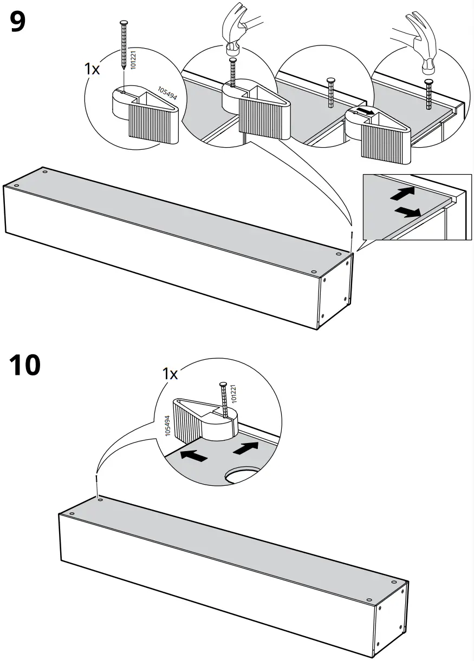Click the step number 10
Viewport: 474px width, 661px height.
[x=25, y=365]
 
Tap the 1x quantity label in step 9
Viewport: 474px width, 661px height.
[x=92, y=70]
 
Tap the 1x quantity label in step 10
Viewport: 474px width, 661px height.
[x=170, y=374]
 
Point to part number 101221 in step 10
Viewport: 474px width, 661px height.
[x=233, y=392]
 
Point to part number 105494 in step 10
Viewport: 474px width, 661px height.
[x=168, y=425]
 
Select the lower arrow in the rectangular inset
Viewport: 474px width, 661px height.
[x=407, y=211]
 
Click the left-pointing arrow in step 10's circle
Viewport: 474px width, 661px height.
[x=193, y=456]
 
